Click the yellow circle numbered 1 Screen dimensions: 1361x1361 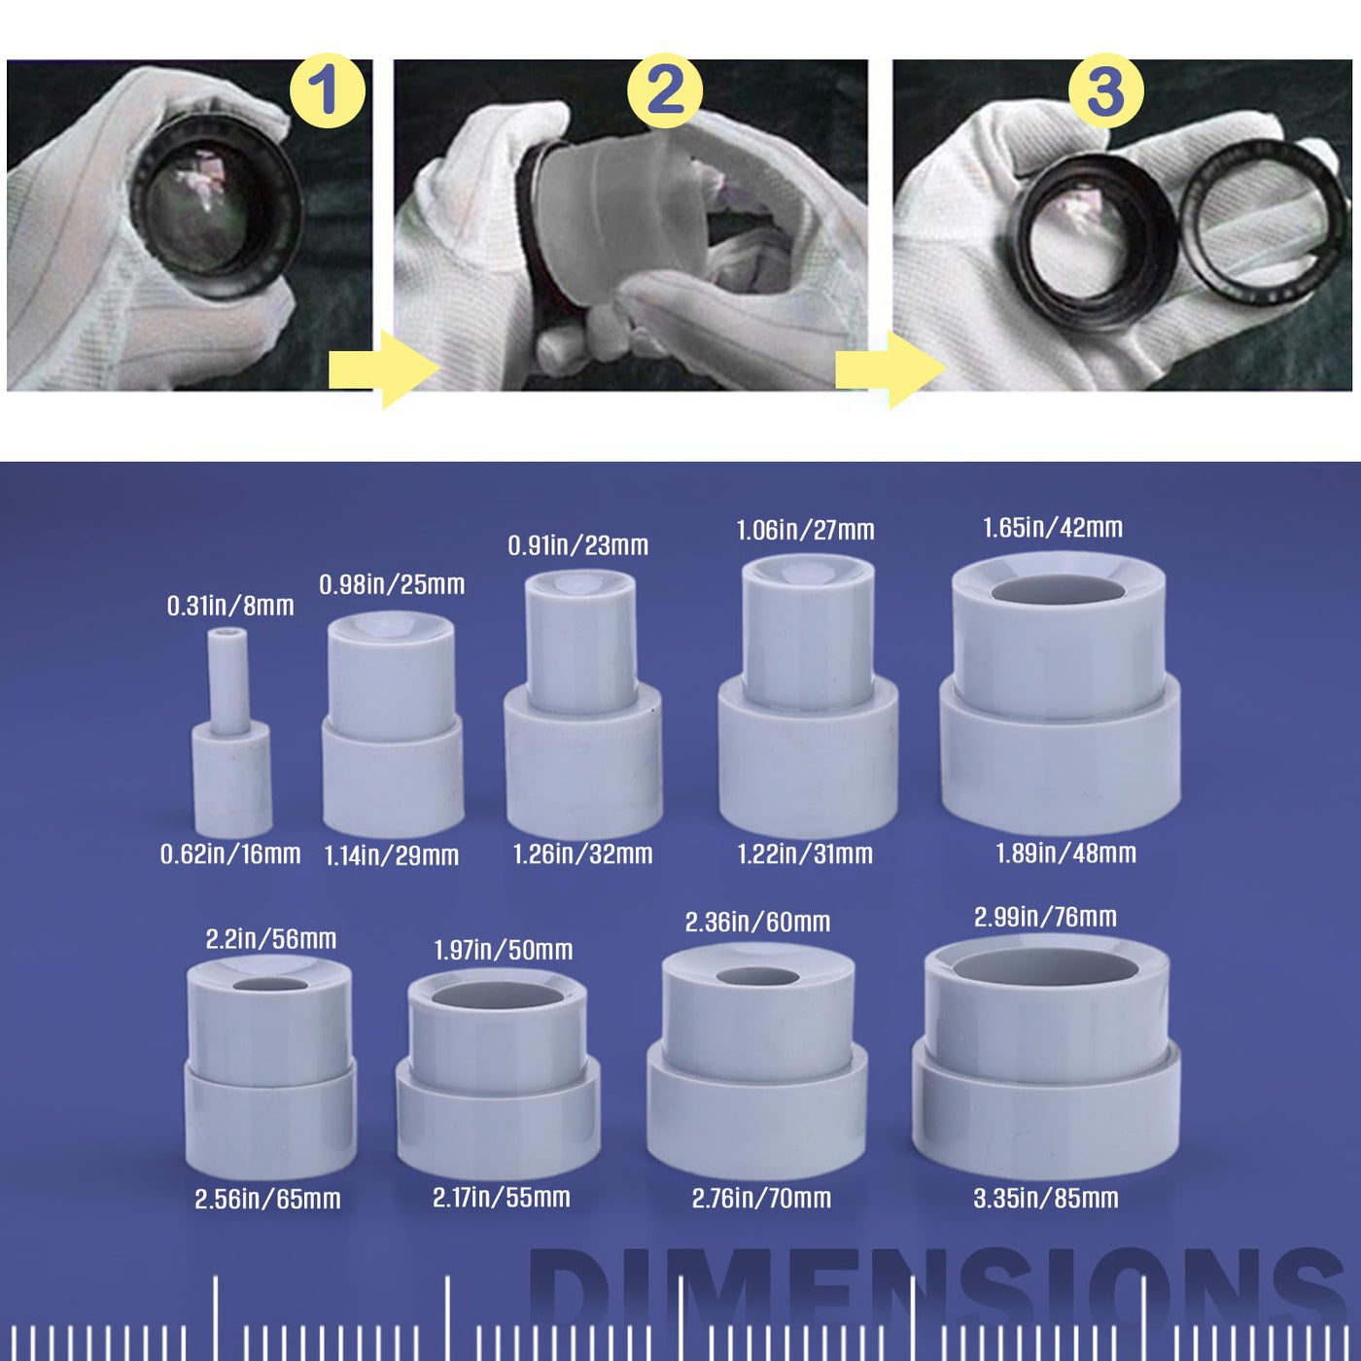(x=327, y=90)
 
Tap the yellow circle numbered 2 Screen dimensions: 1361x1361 (x=665, y=90)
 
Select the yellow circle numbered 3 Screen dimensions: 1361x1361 (x=1106, y=90)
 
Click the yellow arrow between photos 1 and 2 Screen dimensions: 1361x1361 (x=384, y=369)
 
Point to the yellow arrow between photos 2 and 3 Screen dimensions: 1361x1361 (x=890, y=369)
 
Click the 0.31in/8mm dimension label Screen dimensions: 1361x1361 (x=230, y=606)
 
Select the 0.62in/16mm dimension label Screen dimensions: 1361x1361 (x=230, y=855)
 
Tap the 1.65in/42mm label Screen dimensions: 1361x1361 (x=1053, y=528)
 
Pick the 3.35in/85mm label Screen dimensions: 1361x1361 (x=1046, y=1199)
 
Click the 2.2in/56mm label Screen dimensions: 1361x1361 (x=271, y=939)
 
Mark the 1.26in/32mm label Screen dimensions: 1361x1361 (x=582, y=855)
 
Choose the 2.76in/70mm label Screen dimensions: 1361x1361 (x=761, y=1199)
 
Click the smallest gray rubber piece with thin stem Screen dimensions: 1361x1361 (x=231, y=735)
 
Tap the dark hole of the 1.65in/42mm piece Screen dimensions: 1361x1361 (x=1058, y=590)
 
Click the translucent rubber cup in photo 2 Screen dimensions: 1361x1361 (x=614, y=223)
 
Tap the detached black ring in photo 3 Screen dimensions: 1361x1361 (x=1264, y=219)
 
